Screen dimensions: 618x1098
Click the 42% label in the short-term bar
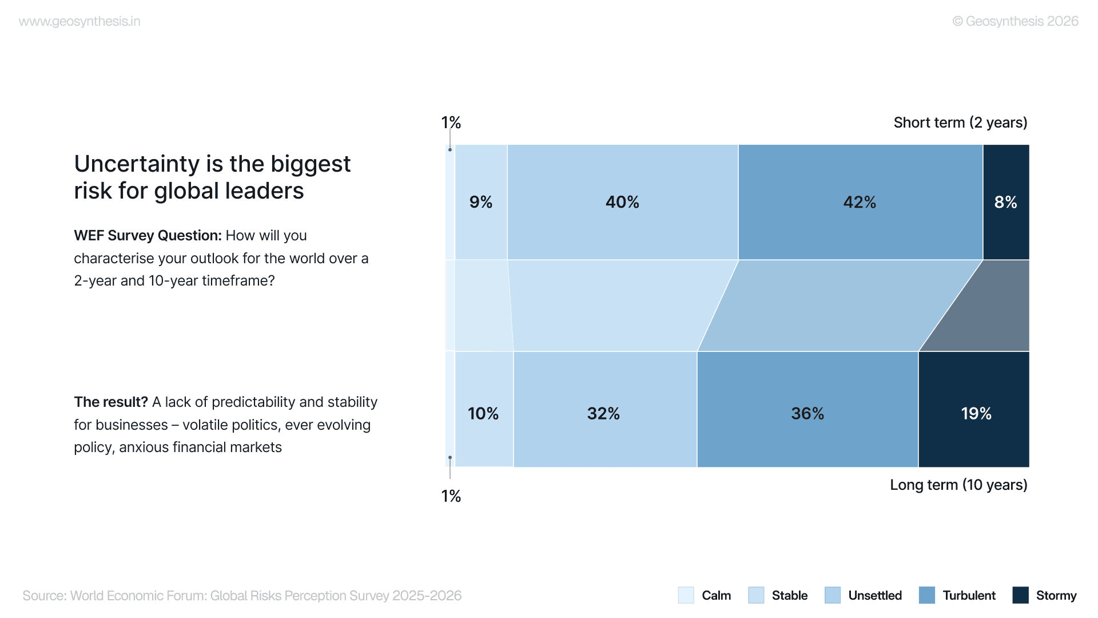pos(860,202)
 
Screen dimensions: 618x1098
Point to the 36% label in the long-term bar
pos(807,413)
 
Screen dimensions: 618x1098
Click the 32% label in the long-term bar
pos(603,413)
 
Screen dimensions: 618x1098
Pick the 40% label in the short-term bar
pos(622,202)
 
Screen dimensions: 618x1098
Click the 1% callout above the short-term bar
pos(451,122)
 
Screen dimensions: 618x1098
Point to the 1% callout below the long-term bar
pos(451,496)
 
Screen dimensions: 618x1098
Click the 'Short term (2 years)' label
pos(960,122)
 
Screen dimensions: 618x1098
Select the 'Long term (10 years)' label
pos(958,485)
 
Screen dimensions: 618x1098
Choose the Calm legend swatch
pos(686,595)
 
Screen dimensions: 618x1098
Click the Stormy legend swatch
pos(1020,595)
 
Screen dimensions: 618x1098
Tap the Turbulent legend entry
pos(969,595)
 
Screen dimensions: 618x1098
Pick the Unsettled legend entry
pos(875,595)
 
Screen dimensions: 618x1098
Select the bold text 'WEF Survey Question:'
pos(148,236)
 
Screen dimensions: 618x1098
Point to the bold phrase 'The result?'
pos(111,402)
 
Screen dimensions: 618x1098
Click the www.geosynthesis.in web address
pos(79,22)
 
